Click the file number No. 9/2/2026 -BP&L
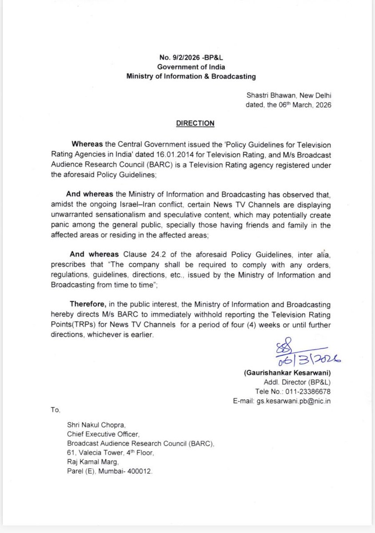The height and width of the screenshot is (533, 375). coord(191,58)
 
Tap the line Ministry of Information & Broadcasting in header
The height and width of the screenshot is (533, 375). coord(191,76)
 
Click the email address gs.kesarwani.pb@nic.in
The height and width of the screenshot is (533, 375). coord(294,401)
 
